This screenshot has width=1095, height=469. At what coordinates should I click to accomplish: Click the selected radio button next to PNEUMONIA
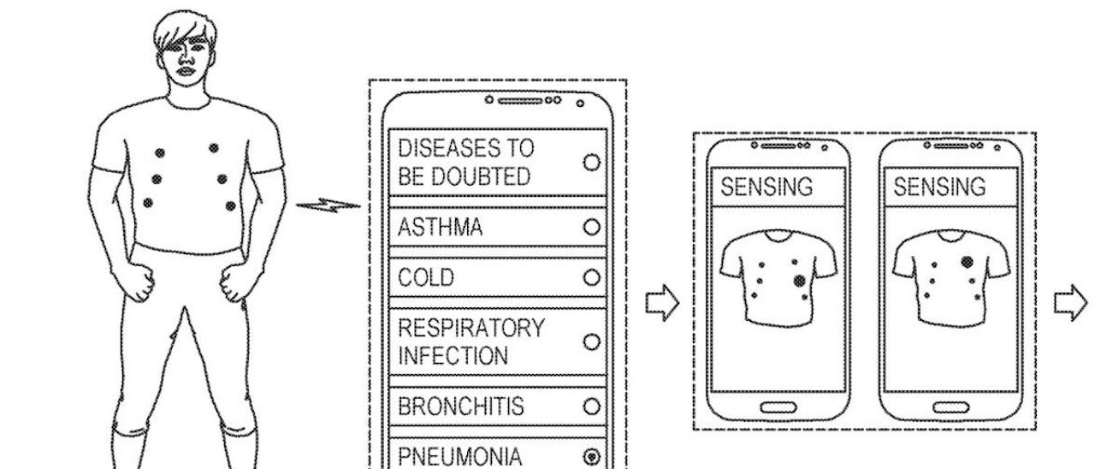590,457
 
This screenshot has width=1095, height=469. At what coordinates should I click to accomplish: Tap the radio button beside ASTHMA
590,228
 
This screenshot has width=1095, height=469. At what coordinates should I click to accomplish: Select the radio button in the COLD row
590,278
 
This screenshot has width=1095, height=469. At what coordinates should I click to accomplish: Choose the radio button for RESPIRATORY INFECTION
590,341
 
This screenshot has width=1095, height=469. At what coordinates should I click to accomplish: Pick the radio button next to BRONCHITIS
590,406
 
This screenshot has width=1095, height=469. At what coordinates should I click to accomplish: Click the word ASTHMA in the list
441,228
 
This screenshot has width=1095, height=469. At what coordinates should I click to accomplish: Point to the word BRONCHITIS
461,406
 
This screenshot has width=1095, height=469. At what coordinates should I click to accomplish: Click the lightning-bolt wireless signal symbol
328,205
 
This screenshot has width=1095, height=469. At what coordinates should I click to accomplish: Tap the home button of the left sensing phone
777,406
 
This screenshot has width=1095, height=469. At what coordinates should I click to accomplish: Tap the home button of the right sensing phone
949,406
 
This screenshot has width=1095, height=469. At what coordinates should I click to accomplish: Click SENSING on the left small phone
766,187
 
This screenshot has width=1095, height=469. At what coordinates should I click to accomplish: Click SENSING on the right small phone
939,187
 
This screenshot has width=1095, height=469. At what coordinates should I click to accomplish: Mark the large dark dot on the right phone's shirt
968,261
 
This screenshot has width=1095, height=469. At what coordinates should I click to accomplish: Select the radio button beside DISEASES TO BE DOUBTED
590,162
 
